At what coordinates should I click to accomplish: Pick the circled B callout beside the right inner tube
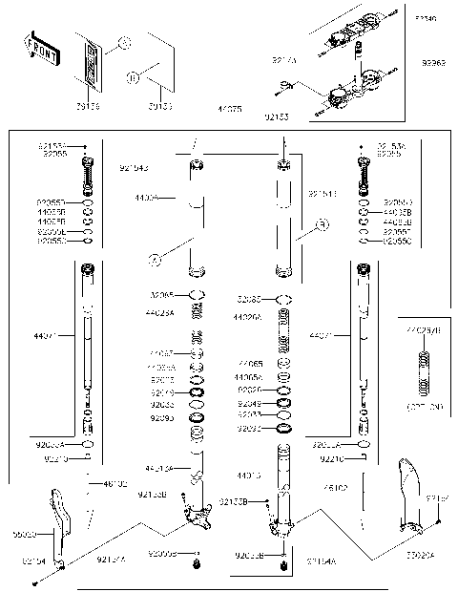[323, 225]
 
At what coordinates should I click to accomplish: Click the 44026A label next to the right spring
[251, 316]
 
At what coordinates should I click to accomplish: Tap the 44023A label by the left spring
[160, 312]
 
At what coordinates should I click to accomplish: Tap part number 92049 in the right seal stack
[249, 403]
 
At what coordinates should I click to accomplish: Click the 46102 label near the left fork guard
[115, 484]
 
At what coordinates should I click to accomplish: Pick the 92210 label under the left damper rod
[56, 459]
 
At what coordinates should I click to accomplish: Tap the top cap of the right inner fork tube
[284, 166]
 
